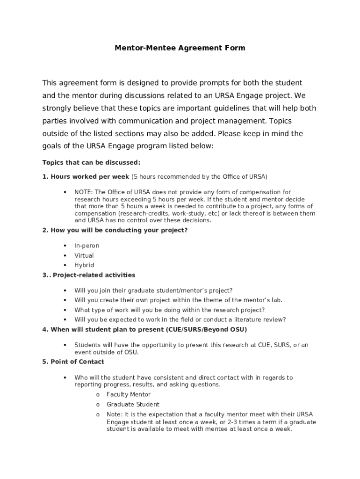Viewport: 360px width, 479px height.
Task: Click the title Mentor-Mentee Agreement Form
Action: coord(180,48)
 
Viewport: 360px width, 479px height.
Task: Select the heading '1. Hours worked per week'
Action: coord(86,177)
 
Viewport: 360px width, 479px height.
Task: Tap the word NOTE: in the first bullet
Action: coord(83,192)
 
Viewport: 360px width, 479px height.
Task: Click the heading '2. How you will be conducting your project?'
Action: coord(115,230)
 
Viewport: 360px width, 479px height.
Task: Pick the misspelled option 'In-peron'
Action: coord(87,246)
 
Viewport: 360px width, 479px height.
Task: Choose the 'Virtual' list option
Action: coord(84,255)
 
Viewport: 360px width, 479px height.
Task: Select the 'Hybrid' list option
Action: coord(84,265)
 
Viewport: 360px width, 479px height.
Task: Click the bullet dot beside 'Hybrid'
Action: coord(65,265)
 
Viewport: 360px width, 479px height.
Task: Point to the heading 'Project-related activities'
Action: coord(94,275)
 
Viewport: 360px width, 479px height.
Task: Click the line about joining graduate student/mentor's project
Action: coord(153,290)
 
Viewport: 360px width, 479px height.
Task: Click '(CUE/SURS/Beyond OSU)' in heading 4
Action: coord(206,330)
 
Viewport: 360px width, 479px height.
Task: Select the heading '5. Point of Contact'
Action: coord(73,362)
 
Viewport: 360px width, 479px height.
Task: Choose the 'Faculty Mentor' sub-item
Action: coord(129,394)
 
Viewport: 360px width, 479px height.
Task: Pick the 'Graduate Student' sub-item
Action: coord(133,404)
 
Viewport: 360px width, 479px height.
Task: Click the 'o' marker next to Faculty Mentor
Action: coord(98,395)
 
